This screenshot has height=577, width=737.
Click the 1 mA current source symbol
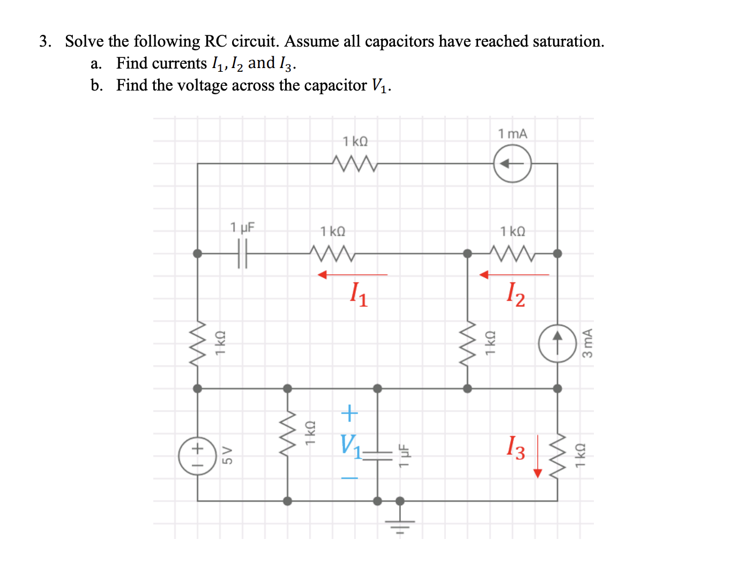tap(512, 163)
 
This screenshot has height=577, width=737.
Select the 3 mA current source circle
tap(557, 343)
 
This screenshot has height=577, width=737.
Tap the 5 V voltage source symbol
tap(197, 456)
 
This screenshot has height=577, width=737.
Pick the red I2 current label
tap(516, 294)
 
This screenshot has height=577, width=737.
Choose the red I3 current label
tap(516, 447)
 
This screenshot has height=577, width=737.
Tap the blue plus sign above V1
tap(349, 413)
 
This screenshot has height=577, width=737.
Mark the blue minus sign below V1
tap(349, 477)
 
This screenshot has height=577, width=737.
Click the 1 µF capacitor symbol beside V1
tap(377, 455)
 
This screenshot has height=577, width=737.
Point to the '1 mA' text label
tap(512, 133)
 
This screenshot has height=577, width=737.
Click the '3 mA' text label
tap(587, 343)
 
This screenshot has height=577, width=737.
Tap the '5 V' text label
tap(228, 455)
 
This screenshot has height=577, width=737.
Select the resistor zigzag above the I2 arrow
tap(512, 253)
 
